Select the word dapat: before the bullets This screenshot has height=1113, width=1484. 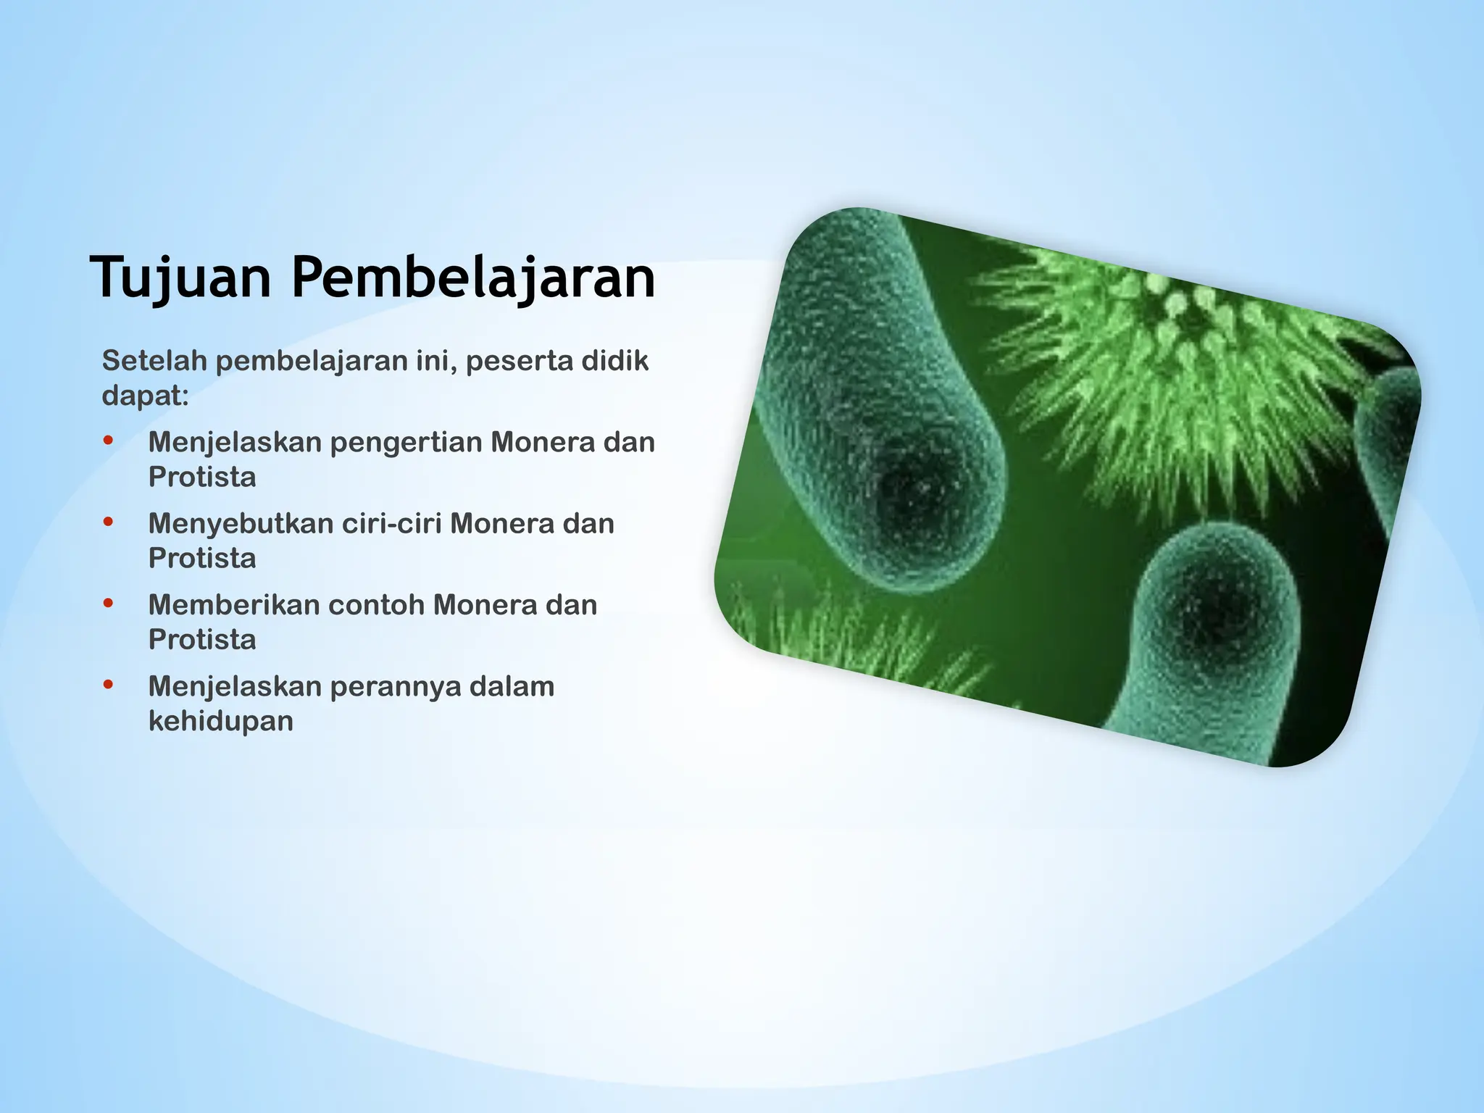145,396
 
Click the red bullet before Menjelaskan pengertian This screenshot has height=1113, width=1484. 109,440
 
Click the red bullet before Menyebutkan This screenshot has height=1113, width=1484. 109,521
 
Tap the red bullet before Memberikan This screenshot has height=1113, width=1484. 109,602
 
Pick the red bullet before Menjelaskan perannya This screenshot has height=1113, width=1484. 109,683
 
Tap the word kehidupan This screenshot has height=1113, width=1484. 221,721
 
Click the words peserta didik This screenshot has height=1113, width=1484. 556,361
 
